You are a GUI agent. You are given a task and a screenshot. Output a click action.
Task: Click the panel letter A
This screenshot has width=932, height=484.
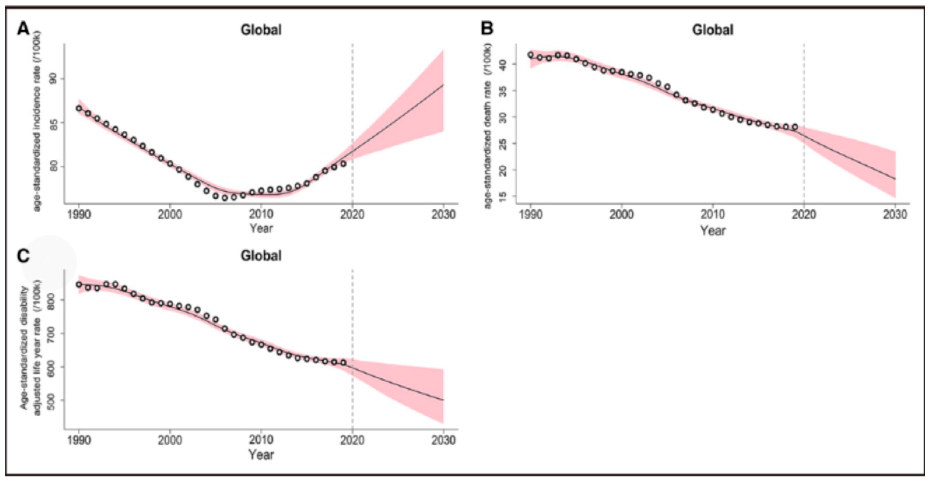[23, 28]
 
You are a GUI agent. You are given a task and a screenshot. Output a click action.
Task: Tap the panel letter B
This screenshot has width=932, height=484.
[487, 28]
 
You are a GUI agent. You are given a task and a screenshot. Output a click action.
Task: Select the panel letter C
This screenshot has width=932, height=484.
[23, 256]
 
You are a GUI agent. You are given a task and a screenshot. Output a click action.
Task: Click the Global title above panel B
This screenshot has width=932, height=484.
[713, 30]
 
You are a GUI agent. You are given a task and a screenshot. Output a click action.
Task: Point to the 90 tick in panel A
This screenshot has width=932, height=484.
[53, 79]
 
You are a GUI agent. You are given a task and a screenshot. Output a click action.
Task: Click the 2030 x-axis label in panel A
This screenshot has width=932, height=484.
[443, 215]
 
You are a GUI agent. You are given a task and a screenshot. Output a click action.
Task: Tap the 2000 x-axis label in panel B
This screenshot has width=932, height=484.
[621, 215]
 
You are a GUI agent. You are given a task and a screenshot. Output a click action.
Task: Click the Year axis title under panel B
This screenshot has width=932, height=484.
[713, 230]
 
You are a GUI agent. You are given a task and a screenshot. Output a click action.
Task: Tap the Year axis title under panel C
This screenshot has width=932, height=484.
[261, 455]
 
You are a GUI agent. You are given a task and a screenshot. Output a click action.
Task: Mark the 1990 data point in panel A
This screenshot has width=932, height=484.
[79, 108]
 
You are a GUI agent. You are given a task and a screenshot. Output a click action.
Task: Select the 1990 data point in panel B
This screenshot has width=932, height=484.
[531, 55]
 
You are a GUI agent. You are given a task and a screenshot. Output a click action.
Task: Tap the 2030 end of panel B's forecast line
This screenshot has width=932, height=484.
[895, 179]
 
